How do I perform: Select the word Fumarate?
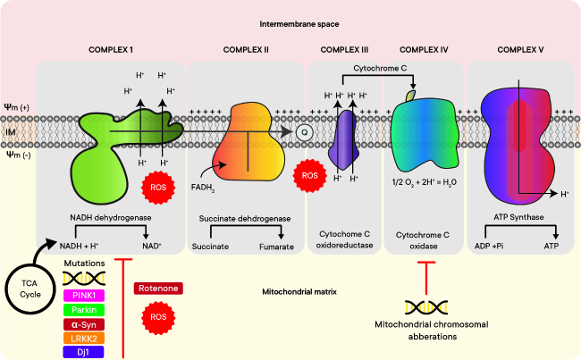[x=277, y=245]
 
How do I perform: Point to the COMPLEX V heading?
[x=522, y=48]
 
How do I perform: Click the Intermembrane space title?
[x=290, y=21]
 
